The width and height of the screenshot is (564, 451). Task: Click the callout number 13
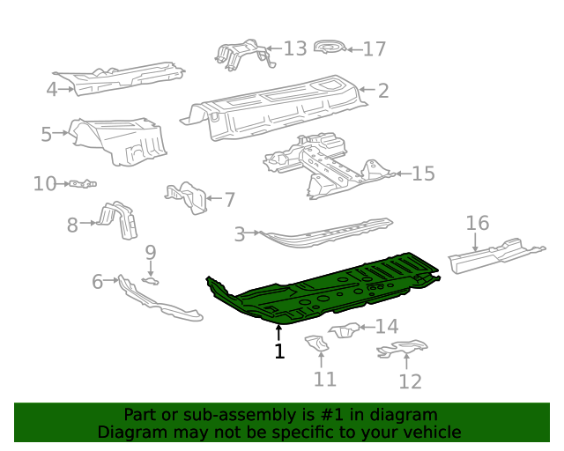(x=295, y=48)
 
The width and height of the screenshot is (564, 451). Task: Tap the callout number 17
(x=375, y=48)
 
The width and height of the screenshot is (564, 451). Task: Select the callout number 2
(x=383, y=89)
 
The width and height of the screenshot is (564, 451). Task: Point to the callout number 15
(x=423, y=174)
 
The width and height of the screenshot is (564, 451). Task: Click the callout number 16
(x=477, y=223)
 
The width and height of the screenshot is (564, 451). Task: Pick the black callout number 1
(x=279, y=351)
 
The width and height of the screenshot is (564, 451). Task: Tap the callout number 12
(x=410, y=381)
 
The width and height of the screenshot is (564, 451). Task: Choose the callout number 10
(x=44, y=183)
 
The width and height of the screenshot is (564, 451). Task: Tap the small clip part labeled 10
(x=82, y=184)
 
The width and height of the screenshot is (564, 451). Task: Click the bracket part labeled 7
(x=187, y=197)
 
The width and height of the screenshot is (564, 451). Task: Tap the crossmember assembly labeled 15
(x=326, y=163)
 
